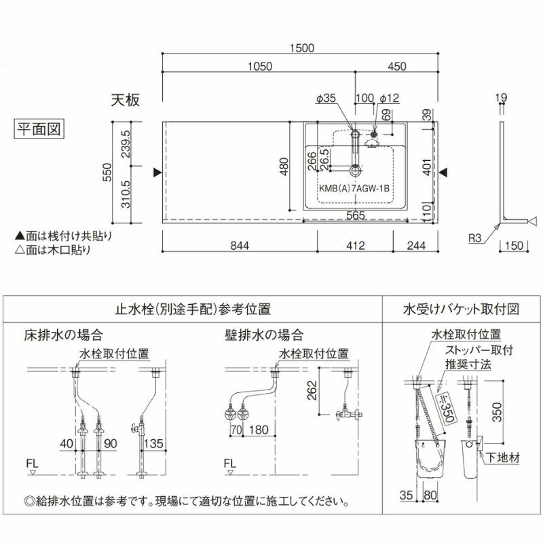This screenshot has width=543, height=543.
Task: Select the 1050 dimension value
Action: pos(260,67)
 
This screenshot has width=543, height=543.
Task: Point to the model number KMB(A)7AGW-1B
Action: pos(353,191)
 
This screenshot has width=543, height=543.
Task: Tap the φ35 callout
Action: pos(326,99)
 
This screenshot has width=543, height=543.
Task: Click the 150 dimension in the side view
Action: pos(513,246)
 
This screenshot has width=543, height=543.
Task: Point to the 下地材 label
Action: pos(504,458)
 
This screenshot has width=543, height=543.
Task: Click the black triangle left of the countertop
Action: pos(157,173)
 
